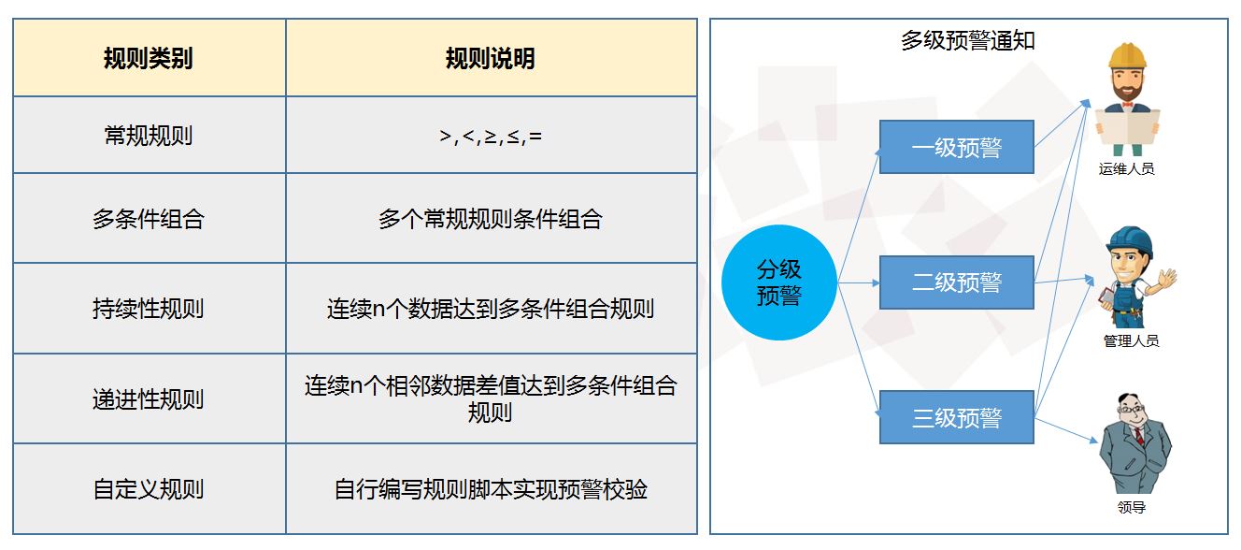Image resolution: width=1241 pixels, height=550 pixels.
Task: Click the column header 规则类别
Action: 148,59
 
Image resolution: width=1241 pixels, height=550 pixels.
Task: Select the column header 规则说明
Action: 491,59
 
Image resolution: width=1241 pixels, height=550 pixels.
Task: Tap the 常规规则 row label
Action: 148,136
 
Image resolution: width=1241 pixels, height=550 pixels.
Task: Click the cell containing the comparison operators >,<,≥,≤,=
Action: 491,137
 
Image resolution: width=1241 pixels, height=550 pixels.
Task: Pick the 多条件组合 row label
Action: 148,219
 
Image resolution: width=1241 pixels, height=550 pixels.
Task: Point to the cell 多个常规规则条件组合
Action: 491,219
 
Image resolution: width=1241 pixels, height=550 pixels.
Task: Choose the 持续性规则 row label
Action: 148,309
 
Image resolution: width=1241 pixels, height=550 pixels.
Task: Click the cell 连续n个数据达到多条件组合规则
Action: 491,309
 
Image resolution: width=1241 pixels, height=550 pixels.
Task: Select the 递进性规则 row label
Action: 148,399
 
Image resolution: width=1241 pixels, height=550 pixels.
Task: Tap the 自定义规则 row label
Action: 148,489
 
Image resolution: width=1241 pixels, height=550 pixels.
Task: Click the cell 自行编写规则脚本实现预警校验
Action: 491,489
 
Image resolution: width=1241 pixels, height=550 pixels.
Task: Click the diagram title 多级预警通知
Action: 967,41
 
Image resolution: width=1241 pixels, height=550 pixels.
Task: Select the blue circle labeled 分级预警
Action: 778,282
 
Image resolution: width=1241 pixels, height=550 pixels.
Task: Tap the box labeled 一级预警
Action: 956,147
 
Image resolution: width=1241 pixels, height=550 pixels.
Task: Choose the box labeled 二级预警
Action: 956,282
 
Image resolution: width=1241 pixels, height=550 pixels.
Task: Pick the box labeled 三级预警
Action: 956,417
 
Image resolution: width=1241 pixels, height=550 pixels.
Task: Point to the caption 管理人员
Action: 1131,341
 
